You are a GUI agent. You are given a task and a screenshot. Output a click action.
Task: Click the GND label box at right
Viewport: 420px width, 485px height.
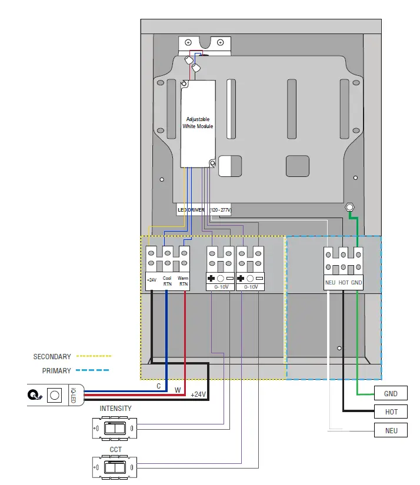pos(391,393)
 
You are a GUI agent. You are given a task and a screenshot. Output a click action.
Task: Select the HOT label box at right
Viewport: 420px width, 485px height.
pos(391,412)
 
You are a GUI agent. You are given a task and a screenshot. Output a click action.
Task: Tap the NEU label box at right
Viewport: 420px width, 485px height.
pos(391,430)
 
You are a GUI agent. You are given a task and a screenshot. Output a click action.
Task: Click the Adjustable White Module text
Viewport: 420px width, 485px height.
pos(198,123)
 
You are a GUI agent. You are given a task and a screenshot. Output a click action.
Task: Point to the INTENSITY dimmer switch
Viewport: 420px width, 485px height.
pos(115,429)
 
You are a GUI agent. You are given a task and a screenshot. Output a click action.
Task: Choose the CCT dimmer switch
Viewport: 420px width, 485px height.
pos(115,469)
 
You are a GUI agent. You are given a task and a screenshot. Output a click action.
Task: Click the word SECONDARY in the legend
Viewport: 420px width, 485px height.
pos(52,356)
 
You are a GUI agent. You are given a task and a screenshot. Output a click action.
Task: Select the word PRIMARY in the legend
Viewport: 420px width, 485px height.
pos(56,371)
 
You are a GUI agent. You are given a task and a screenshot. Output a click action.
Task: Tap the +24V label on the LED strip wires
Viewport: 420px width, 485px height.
pos(198,394)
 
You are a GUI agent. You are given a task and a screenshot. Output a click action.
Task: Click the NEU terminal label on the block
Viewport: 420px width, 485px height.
pos(330,283)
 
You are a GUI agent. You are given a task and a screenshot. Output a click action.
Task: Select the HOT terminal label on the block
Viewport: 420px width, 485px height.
pos(344,283)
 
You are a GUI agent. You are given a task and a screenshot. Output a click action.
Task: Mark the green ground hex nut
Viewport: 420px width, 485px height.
pos(349,208)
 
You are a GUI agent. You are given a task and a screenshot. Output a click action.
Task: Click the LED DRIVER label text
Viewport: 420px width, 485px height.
pos(190,209)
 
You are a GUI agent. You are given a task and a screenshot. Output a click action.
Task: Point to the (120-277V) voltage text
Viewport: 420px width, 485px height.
pos(220,209)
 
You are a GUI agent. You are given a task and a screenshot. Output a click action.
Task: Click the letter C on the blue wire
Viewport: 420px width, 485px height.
pos(159,387)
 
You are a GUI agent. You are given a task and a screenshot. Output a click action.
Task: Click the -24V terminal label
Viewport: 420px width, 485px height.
pos(152,280)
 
